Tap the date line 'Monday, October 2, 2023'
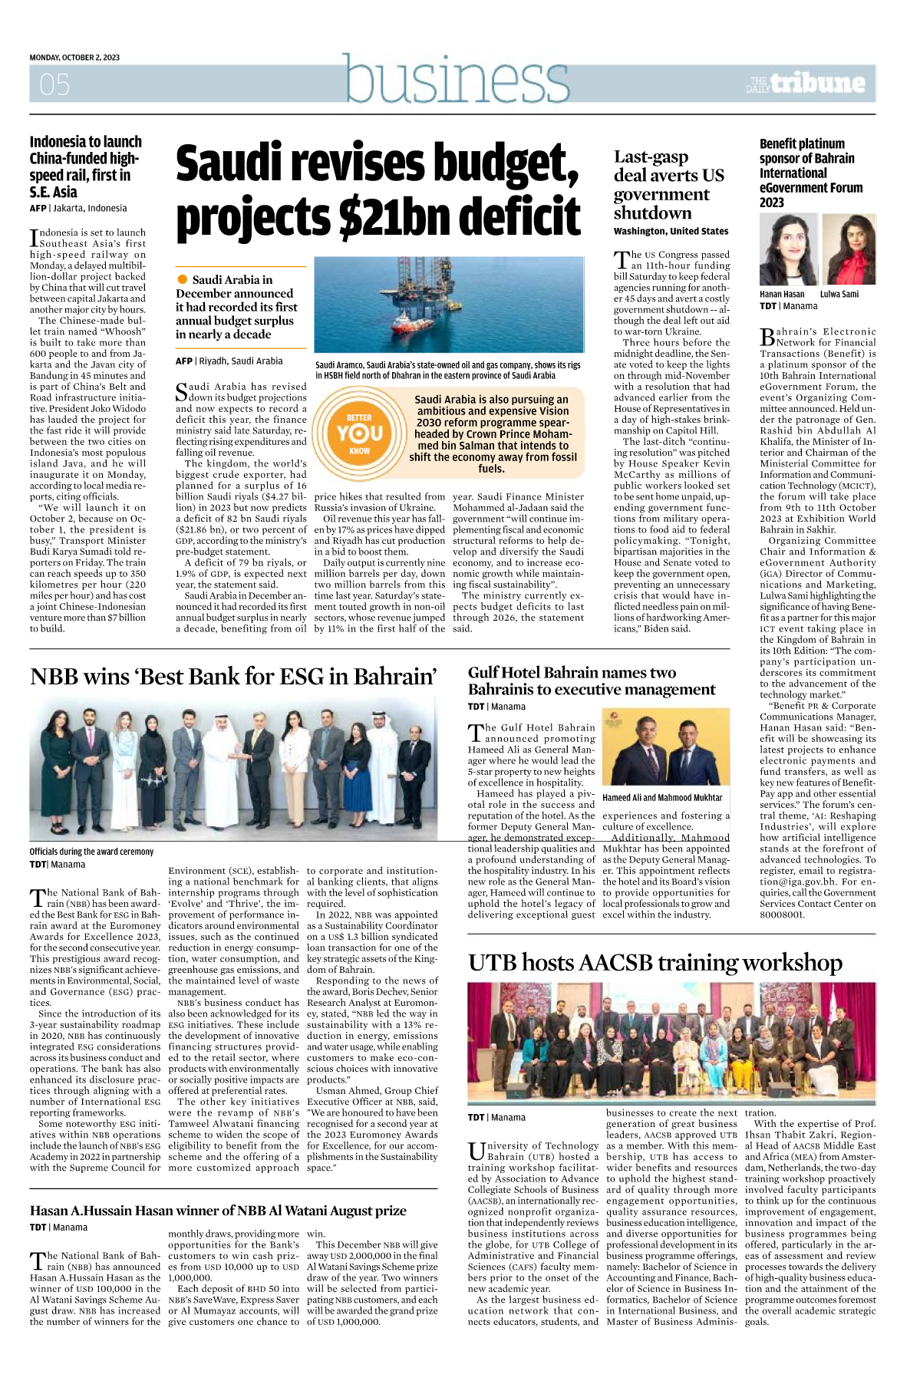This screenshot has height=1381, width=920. click(74, 58)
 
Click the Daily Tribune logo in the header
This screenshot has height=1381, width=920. click(806, 83)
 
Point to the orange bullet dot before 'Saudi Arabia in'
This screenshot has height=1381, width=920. click(183, 279)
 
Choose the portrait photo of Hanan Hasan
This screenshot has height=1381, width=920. click(788, 250)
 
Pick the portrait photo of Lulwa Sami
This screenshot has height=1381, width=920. click(849, 250)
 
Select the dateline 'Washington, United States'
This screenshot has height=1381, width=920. click(671, 231)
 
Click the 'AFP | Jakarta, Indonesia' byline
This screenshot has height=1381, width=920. click(78, 208)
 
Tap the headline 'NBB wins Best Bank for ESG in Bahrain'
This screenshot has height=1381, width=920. click(233, 677)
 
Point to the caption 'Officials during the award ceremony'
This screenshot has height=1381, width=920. click(91, 852)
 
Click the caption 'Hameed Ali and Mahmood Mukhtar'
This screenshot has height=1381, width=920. click(662, 798)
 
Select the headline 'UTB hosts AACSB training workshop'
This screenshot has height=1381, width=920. click(655, 962)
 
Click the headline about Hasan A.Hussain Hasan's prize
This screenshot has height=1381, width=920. click(218, 1211)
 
